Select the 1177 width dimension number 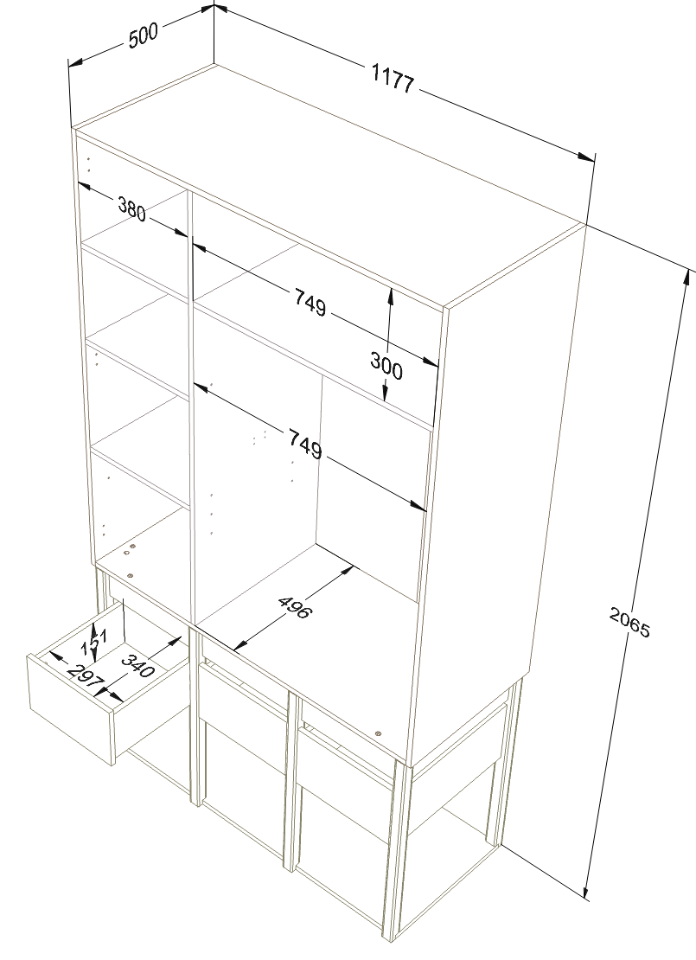click(393, 79)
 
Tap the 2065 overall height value click(629, 621)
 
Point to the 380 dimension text click(131, 208)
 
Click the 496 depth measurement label click(295, 607)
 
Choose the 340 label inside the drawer click(137, 665)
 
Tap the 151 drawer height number click(95, 640)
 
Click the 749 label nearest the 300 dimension click(310, 303)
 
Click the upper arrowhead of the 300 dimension click(390, 296)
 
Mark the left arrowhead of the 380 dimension click(84, 186)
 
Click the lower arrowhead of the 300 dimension click(386, 393)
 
